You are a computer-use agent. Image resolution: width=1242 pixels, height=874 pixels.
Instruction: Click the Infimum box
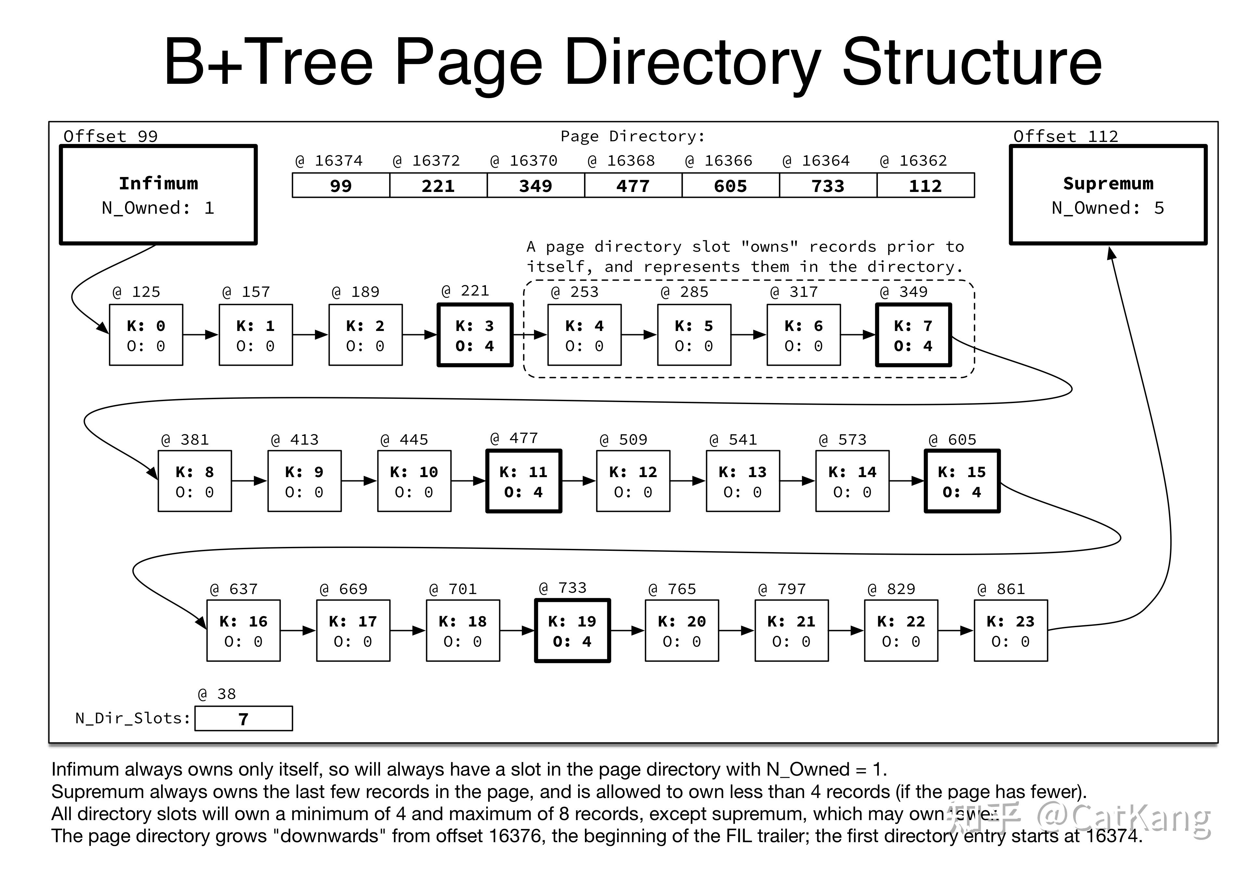[x=158, y=195]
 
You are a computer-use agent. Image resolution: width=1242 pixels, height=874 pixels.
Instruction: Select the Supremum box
[x=1108, y=195]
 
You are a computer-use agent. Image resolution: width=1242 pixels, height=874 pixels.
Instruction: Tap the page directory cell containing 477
[x=633, y=185]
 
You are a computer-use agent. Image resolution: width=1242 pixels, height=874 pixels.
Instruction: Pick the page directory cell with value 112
[x=925, y=185]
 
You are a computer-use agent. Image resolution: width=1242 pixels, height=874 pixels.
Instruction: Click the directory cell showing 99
[x=341, y=185]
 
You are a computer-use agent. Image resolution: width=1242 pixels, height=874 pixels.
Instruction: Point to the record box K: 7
[x=913, y=335]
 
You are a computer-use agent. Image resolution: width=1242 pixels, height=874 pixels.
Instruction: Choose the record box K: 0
[x=146, y=335]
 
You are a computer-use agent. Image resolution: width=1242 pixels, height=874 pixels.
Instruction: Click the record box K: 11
[x=524, y=481]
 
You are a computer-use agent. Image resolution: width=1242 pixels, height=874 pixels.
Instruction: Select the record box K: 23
[x=1010, y=631]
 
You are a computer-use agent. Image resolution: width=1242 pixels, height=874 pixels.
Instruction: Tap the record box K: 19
[x=572, y=631]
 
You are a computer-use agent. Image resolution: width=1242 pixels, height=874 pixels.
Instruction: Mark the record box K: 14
[x=852, y=481]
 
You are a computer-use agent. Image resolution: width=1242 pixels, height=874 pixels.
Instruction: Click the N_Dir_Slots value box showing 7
[x=243, y=719]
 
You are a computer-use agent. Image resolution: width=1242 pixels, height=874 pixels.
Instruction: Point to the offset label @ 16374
[x=329, y=161]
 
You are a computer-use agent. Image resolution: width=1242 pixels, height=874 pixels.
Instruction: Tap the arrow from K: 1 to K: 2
[x=310, y=335]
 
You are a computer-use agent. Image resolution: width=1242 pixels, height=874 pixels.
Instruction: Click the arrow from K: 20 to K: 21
[x=736, y=631]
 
